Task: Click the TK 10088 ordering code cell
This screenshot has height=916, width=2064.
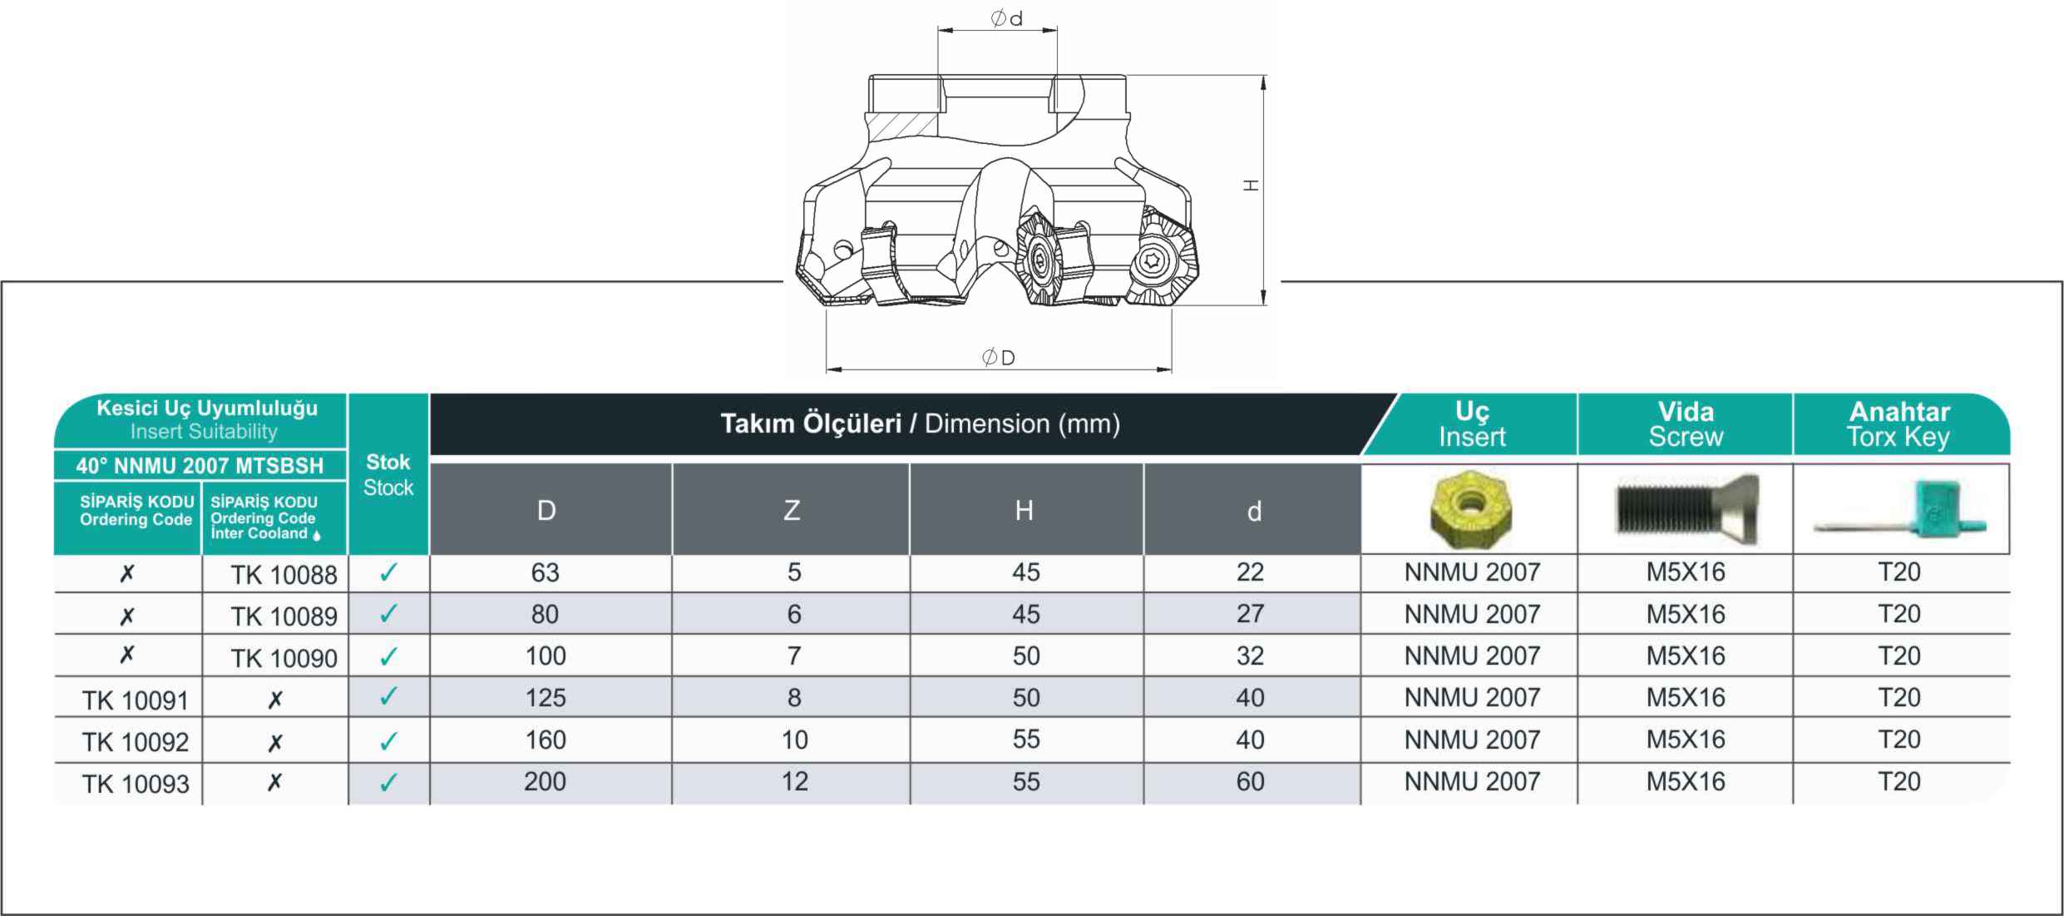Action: click(284, 574)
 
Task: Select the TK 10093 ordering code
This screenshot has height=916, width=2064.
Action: click(136, 784)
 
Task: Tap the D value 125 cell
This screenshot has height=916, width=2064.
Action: click(546, 697)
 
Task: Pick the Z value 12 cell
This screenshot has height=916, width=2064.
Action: click(794, 781)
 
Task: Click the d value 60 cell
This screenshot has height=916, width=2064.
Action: click(1250, 781)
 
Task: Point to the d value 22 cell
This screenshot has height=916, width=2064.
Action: click(1250, 572)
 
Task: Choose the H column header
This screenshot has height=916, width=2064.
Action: click(1025, 510)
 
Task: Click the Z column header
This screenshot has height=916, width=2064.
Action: click(792, 510)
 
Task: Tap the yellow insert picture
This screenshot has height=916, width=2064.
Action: click(1470, 508)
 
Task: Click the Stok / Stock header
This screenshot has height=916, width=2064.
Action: click(388, 474)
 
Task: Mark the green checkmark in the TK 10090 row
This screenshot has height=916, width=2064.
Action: click(388, 656)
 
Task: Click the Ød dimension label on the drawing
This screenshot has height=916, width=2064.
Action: click(1007, 18)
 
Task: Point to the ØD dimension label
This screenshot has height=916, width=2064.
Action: click(999, 358)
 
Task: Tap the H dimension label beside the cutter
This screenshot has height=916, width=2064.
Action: click(1251, 186)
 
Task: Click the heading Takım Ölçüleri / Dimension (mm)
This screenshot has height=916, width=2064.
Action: click(920, 423)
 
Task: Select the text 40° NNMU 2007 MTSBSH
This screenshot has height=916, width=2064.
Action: click(200, 466)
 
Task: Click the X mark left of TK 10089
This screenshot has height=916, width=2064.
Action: click(126, 616)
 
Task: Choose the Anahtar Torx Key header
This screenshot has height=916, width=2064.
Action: click(1899, 424)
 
